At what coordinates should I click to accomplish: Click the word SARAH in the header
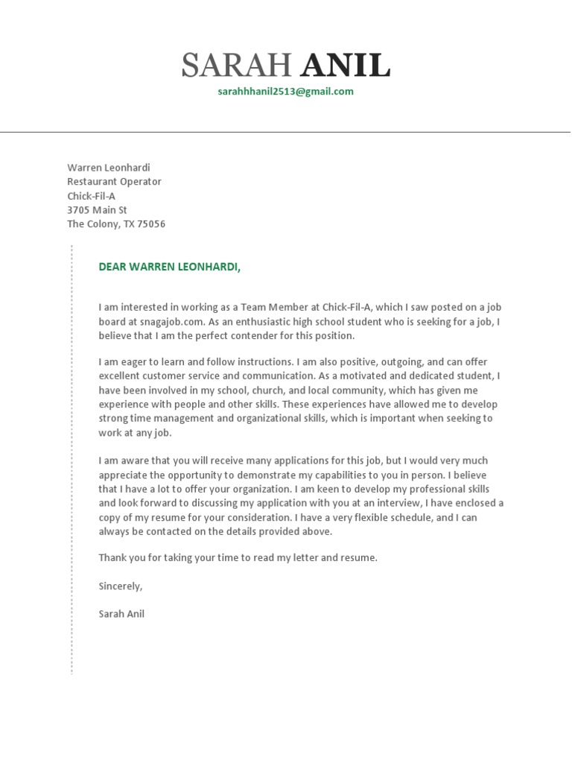click(236, 67)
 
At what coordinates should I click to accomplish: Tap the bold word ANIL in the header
click(346, 67)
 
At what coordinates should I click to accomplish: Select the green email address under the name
click(285, 92)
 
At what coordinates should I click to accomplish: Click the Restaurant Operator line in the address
click(114, 182)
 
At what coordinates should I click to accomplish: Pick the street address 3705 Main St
click(97, 210)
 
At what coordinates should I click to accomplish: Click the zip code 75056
click(150, 224)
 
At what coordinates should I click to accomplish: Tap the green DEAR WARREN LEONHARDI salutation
click(170, 267)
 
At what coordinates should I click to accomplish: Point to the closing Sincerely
click(120, 586)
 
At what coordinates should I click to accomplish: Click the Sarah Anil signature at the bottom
click(121, 615)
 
